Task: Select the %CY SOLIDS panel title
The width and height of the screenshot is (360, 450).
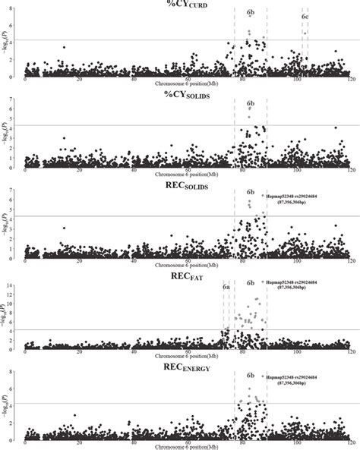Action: click(x=182, y=93)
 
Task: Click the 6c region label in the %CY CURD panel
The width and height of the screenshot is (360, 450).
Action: click(x=305, y=16)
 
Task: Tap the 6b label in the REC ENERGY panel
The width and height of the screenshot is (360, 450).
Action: click(x=251, y=374)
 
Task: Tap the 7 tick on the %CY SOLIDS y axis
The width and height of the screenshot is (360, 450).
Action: click(x=17, y=99)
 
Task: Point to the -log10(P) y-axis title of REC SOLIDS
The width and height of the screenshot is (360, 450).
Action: click(x=7, y=223)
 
